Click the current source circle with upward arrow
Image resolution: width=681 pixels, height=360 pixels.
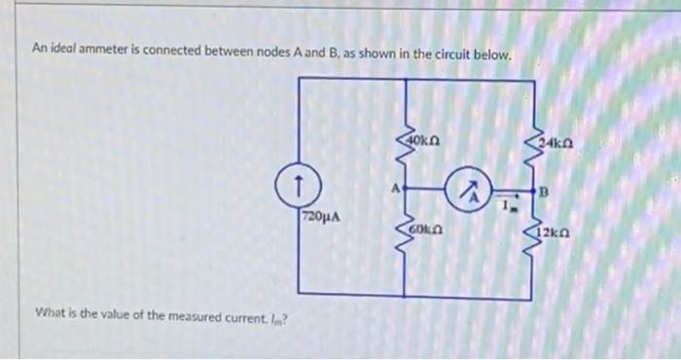(302, 181)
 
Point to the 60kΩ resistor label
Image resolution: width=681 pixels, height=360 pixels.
(428, 229)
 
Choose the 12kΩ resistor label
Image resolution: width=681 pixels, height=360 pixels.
(557, 234)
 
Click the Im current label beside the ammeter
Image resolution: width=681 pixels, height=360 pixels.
(507, 205)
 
